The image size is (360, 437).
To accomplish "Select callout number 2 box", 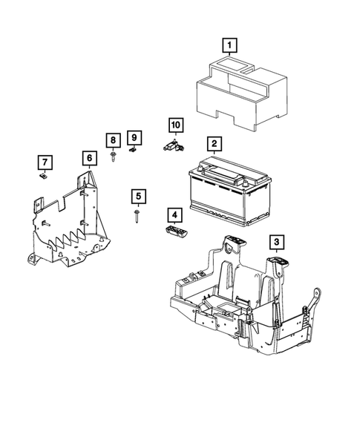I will coord(213,144).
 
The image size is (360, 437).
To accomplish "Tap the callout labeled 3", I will coord(275,241).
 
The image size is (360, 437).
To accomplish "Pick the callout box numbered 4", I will coord(174,215).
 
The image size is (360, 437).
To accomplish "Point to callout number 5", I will coord(139,197).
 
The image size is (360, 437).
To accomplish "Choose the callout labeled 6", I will coord(88,158).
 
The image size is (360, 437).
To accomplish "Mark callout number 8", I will coord(112,140).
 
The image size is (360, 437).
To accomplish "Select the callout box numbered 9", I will coord(134,137).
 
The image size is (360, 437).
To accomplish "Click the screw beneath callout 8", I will coord(112,157).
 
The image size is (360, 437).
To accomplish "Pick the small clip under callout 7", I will coord(44,177).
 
